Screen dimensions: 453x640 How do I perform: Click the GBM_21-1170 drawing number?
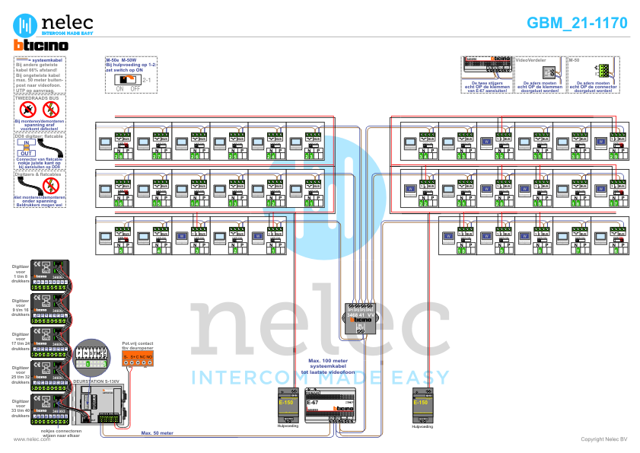(578, 23)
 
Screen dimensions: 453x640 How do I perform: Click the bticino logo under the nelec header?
(41, 46)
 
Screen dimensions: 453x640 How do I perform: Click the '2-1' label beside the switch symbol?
(148, 79)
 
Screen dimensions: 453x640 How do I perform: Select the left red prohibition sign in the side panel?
(28, 110)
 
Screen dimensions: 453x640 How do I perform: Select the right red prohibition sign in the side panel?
(50, 110)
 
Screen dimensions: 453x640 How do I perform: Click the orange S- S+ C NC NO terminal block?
(138, 356)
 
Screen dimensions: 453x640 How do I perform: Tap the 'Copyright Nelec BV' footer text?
(604, 439)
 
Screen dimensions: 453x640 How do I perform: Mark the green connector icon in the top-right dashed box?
(602, 70)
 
